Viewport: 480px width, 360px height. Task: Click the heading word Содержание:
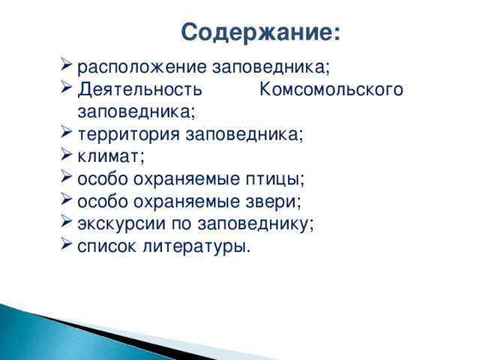pyautogui.click(x=260, y=33)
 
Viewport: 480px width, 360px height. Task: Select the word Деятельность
pyautogui.click(x=139, y=90)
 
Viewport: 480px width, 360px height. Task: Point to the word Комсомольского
pyautogui.click(x=332, y=90)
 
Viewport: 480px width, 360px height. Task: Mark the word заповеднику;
pyautogui.click(x=256, y=224)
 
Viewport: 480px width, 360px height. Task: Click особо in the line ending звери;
pyautogui.click(x=101, y=202)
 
